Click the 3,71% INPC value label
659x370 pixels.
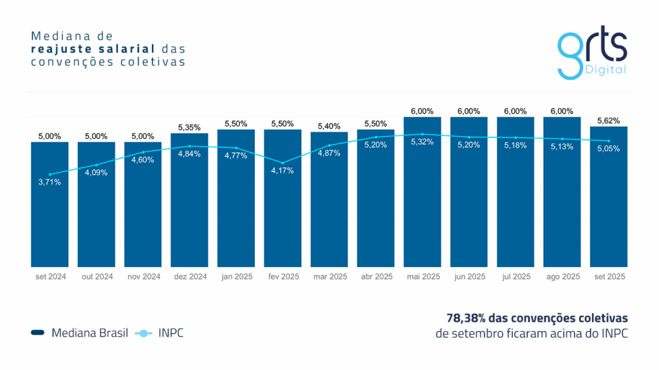click(x=50, y=182)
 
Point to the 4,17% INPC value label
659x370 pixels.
click(x=283, y=171)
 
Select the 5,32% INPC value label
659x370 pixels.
click(x=422, y=142)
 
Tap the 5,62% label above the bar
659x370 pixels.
click(x=609, y=120)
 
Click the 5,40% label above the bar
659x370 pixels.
click(x=329, y=126)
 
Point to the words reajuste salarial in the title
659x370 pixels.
click(x=95, y=48)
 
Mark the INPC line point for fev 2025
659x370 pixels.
click(x=283, y=162)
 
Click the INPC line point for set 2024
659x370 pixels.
click(x=50, y=174)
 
